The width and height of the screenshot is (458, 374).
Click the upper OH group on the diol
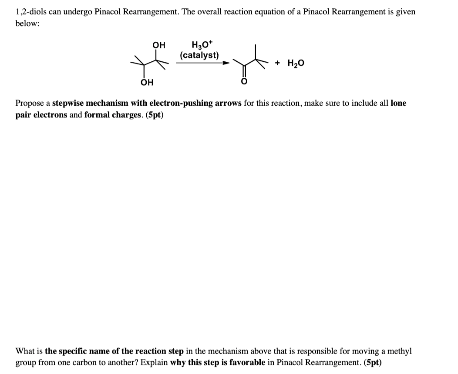[x=158, y=45]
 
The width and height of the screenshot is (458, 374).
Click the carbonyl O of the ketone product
[x=244, y=82]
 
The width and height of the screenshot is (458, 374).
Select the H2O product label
[x=296, y=63]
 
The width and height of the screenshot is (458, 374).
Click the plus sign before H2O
[x=277, y=63]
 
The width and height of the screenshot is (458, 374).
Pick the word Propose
[x=30, y=104]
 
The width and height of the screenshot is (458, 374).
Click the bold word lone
[x=398, y=104]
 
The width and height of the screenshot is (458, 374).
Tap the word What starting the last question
[x=24, y=351]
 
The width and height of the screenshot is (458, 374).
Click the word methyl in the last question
[x=399, y=351]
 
